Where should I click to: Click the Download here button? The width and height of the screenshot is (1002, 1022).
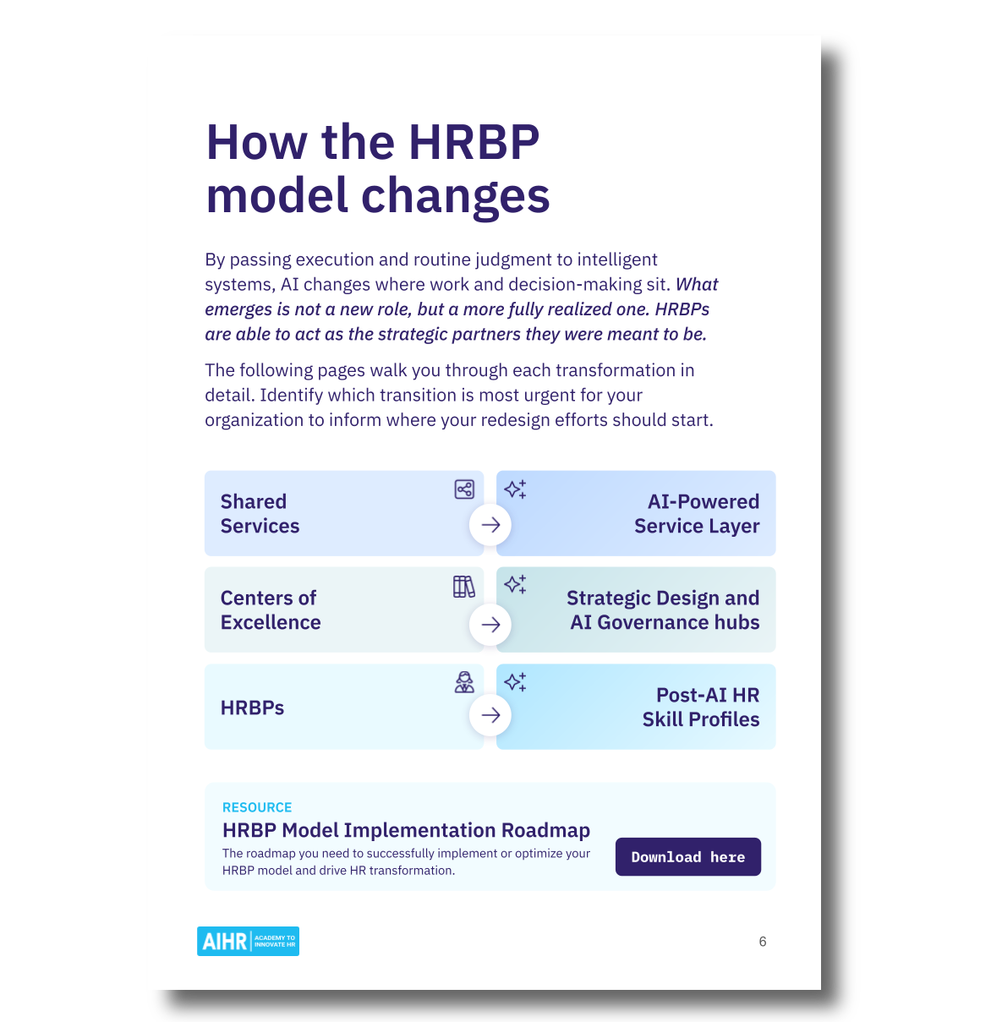[687, 856]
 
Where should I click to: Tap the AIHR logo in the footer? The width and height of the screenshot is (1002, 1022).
[248, 941]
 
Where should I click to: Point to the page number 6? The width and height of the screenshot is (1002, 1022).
[763, 942]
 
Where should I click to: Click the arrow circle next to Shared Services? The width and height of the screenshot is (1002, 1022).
[490, 524]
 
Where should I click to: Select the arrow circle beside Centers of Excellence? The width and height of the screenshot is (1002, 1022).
[490, 624]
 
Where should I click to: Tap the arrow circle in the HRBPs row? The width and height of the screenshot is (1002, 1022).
[490, 715]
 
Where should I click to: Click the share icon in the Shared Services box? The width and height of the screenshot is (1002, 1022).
[464, 489]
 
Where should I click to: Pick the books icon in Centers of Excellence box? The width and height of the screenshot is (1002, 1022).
[464, 587]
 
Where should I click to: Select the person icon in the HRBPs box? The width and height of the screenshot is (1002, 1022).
[464, 682]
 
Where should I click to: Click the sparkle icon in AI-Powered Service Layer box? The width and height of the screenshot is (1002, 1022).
[515, 489]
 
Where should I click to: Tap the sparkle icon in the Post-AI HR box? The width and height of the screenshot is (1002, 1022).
[515, 682]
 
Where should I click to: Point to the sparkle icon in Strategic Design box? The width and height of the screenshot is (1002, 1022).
[515, 584]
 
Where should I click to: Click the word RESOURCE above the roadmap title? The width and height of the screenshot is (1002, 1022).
[257, 807]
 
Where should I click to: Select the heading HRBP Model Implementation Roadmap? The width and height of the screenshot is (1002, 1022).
[406, 830]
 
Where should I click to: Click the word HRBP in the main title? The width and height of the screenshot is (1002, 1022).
[474, 142]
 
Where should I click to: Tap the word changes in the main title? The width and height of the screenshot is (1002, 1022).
[456, 196]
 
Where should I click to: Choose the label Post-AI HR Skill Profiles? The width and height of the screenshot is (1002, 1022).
[701, 707]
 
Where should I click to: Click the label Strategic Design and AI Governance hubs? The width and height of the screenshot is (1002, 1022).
[664, 610]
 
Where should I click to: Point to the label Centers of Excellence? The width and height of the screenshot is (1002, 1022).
[271, 610]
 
